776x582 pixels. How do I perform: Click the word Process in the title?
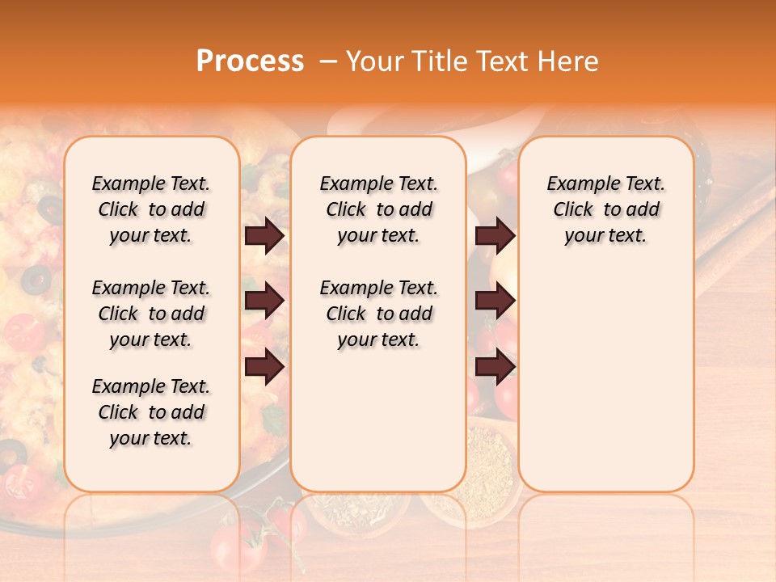click(x=250, y=61)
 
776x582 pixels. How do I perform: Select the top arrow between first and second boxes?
click(x=264, y=236)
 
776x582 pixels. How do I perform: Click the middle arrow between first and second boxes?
click(x=264, y=302)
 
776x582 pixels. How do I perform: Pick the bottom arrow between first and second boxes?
click(x=264, y=367)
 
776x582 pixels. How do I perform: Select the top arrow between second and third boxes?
click(x=495, y=236)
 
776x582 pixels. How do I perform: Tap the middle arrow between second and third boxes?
click(x=495, y=302)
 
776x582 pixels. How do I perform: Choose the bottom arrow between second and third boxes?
click(x=495, y=367)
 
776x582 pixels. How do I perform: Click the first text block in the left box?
click(x=151, y=209)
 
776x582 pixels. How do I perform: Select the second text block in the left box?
click(x=151, y=314)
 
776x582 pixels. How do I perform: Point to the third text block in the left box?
click(x=151, y=412)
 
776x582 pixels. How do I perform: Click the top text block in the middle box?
click(x=378, y=209)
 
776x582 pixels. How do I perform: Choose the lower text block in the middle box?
click(x=378, y=314)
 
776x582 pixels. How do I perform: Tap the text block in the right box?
click(x=605, y=209)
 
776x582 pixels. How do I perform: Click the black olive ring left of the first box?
click(x=36, y=280)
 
